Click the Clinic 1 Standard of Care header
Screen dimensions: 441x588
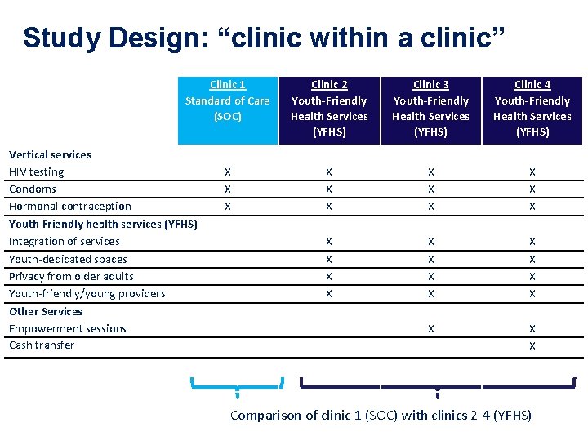coord(228,100)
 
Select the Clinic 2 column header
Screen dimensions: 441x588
coord(329,108)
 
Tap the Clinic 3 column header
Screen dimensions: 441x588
coord(431,108)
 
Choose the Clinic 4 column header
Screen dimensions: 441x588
coord(532,108)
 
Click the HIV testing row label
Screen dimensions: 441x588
coord(36,171)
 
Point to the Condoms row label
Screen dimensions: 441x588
coord(33,189)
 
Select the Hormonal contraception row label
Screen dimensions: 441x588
coord(69,206)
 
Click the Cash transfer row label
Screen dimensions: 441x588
coord(42,345)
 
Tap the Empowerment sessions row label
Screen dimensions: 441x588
coord(68,328)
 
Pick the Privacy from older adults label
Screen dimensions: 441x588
coord(71,276)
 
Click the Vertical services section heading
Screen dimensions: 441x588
coord(50,154)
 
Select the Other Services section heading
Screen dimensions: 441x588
coord(46,311)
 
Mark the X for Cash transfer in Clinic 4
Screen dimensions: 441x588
coord(532,346)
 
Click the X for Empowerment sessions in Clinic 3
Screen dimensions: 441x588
coord(431,329)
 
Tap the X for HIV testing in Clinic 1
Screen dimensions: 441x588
coord(228,172)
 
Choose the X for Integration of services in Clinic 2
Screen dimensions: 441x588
coord(329,242)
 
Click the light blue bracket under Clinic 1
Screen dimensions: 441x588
coord(237,384)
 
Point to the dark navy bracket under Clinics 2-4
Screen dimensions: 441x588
coord(438,385)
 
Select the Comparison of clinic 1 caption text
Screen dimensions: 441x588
coord(381,415)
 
